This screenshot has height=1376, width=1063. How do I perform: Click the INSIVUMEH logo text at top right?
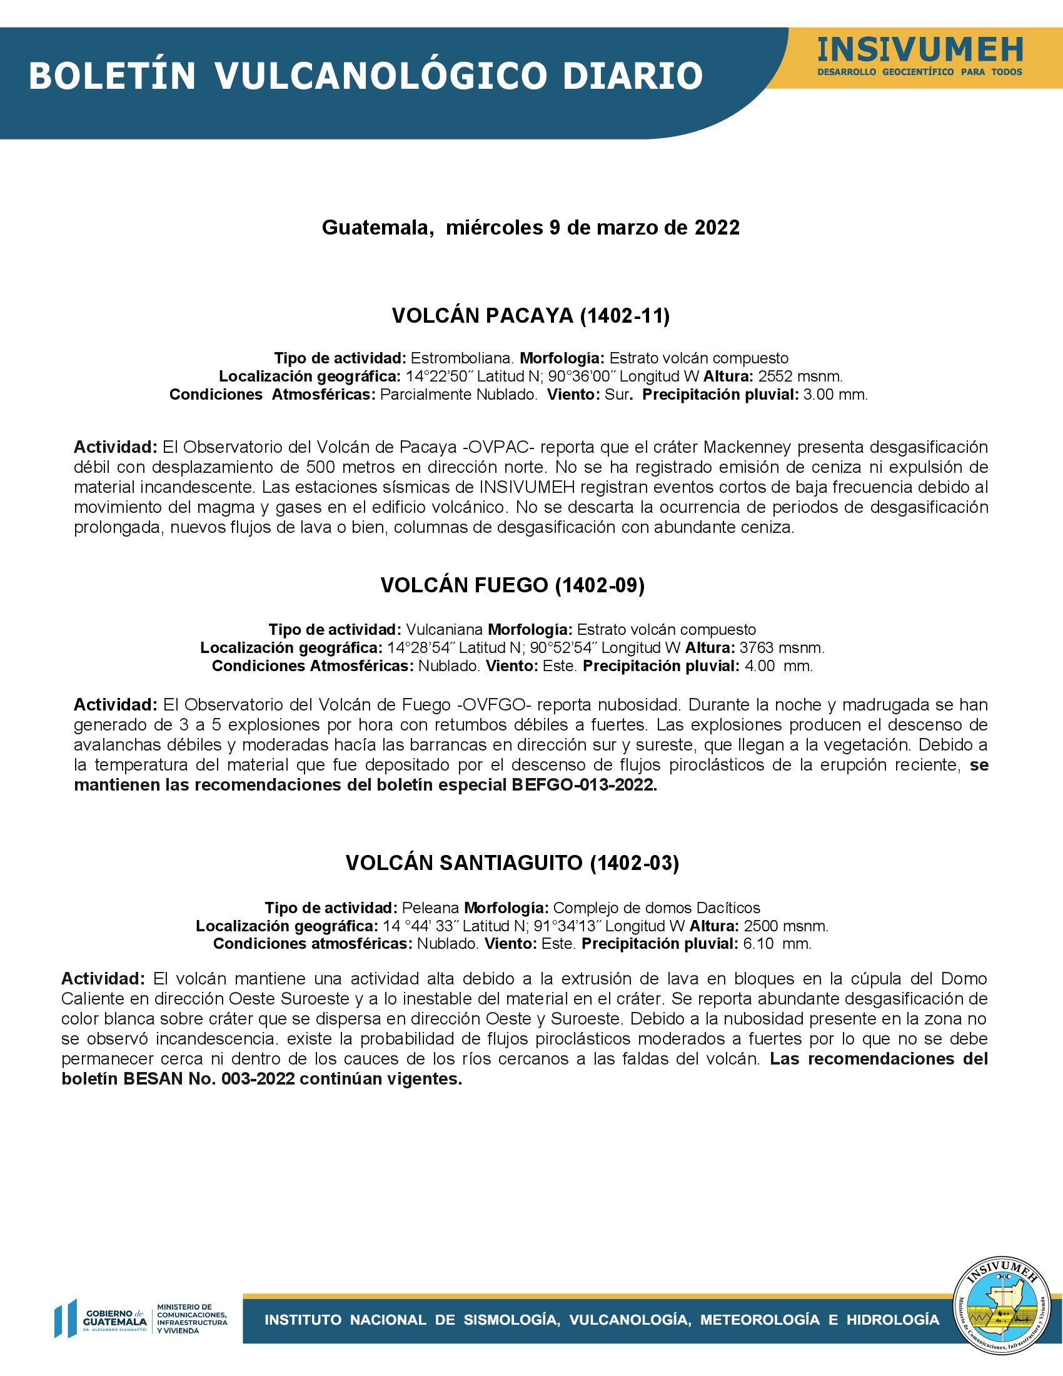tap(920, 50)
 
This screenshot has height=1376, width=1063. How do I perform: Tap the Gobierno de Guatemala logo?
tap(101, 1318)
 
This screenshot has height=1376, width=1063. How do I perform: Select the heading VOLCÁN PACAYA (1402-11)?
tap(531, 316)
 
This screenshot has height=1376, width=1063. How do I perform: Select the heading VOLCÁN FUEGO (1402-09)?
tap(513, 585)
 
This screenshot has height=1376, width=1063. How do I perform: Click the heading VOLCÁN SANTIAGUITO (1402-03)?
tap(513, 863)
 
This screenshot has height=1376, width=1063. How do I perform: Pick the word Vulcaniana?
tap(445, 629)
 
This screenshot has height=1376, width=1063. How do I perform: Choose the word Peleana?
tap(430, 908)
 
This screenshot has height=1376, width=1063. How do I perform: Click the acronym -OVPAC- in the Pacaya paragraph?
tap(498, 447)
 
